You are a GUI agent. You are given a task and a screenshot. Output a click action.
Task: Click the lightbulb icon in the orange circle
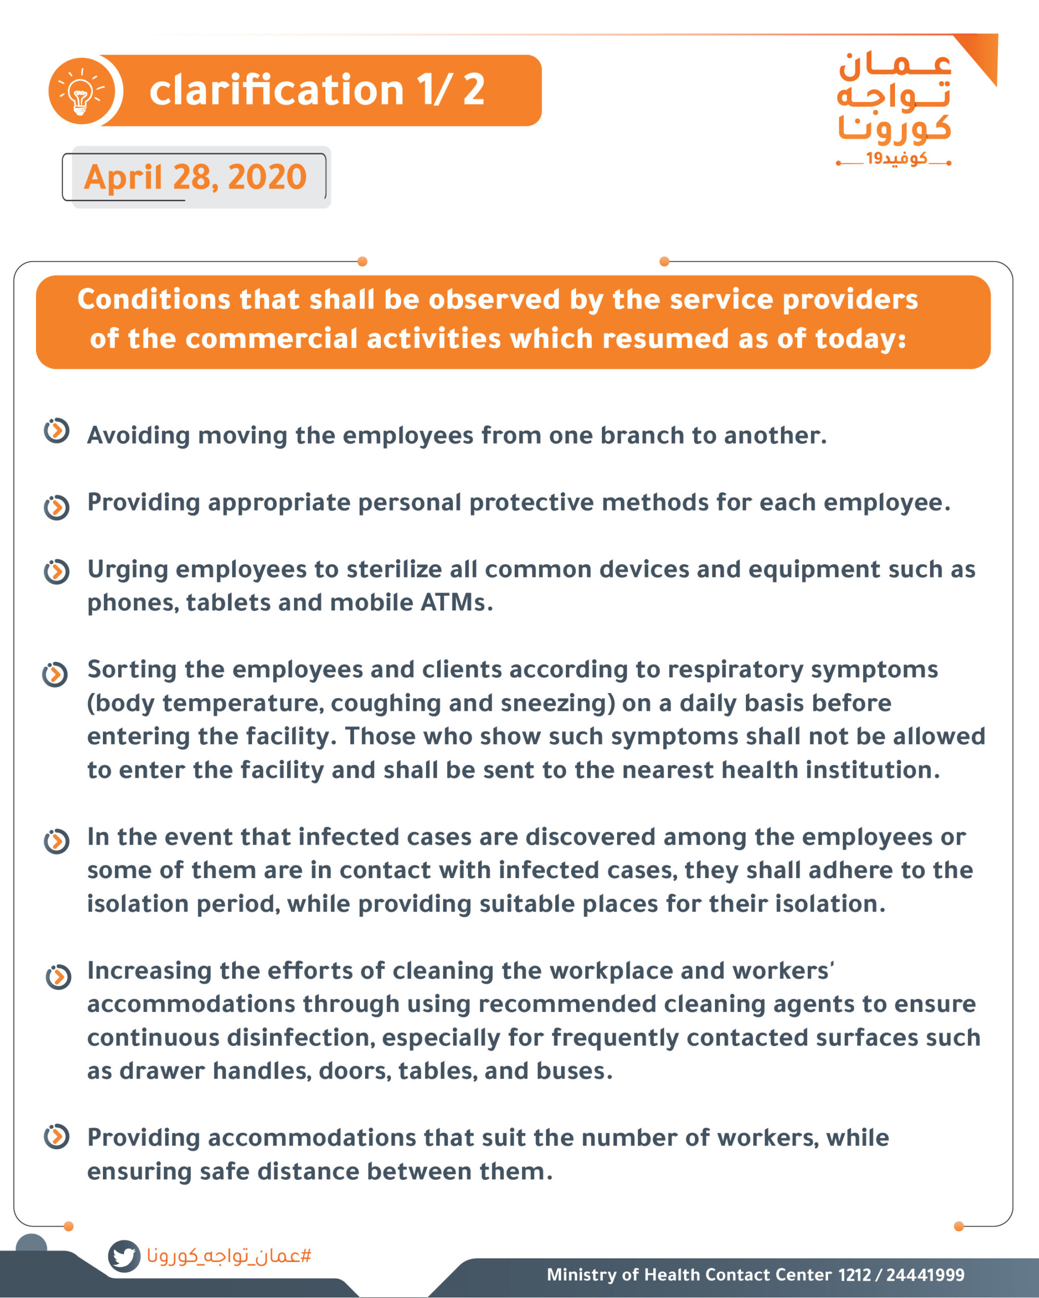81,91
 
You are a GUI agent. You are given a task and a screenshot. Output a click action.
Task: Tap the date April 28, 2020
195,177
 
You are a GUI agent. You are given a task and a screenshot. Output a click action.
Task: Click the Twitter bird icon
124,1256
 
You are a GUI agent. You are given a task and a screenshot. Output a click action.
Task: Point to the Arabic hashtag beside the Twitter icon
229,1256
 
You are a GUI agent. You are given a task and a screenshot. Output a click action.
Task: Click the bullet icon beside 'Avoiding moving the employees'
57,430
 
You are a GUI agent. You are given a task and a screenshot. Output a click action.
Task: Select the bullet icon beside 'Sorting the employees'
55,674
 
